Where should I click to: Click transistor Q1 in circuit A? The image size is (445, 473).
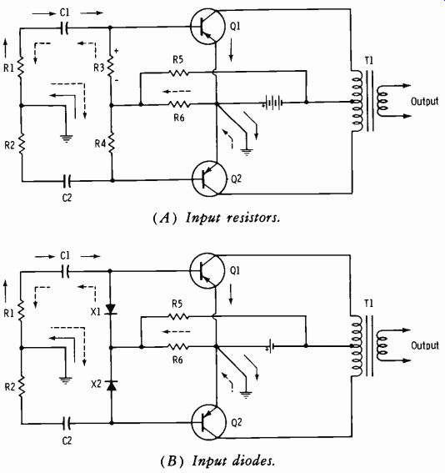[x=207, y=27]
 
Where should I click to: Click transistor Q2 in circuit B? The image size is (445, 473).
[x=208, y=422]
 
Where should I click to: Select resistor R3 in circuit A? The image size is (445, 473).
[x=110, y=66]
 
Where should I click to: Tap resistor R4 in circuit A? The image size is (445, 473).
[x=112, y=143]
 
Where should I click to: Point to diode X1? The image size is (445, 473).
[x=111, y=309]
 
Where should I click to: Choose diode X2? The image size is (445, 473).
[x=112, y=385]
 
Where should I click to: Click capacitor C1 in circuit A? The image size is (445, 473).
[x=64, y=28]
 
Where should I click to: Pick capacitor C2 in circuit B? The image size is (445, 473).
[x=67, y=423]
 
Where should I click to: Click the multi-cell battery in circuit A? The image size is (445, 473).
[x=272, y=103]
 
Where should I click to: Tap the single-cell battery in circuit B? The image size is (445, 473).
[x=270, y=346]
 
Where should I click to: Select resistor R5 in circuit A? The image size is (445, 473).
[x=178, y=73]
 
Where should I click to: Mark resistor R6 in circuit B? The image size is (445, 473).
[x=178, y=347]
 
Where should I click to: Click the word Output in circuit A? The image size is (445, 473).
[x=424, y=101]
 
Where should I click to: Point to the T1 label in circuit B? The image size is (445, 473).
[x=369, y=304]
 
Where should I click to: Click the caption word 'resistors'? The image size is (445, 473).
[x=253, y=217]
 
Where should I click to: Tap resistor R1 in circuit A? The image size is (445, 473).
[x=21, y=67]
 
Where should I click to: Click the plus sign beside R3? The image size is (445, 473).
[x=116, y=51]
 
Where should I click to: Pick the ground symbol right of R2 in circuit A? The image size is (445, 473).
[x=66, y=138]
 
